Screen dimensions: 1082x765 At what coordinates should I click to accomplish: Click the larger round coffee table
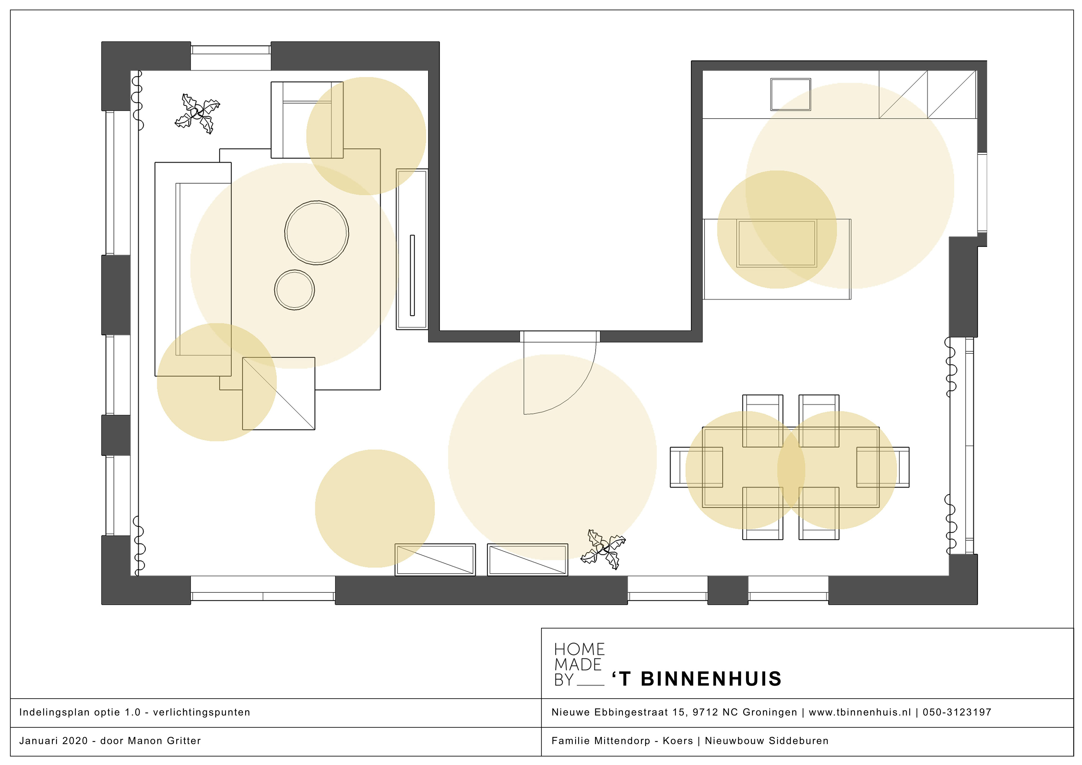[317, 233]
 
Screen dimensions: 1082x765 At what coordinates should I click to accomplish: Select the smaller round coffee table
[294, 290]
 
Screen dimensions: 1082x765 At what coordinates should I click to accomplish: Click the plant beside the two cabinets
[603, 549]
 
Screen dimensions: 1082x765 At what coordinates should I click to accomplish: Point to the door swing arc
[578, 395]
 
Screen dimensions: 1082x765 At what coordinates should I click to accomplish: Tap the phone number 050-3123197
[957, 712]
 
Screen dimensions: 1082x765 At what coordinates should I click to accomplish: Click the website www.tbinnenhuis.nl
[860, 712]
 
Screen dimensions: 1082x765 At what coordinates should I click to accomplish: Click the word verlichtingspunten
[202, 712]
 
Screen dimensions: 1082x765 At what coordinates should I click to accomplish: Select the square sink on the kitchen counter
[790, 94]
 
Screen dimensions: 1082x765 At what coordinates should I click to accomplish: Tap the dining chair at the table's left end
[696, 467]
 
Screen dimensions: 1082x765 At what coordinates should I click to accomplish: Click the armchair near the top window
[307, 120]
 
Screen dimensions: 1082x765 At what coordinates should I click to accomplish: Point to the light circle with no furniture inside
[375, 508]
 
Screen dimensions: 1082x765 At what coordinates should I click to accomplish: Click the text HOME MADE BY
[579, 664]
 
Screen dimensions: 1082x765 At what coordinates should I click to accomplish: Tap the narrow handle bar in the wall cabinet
[412, 275]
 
